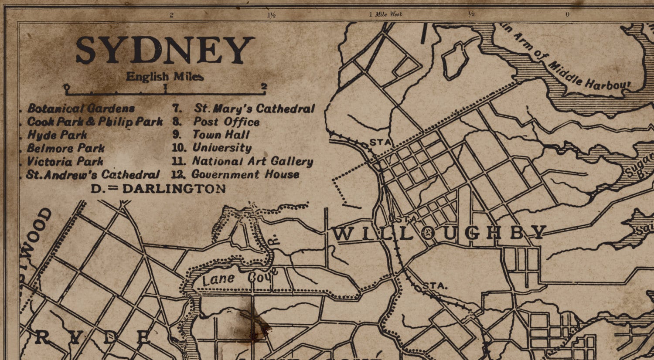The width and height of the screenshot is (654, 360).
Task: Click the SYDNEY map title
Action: point(165,50)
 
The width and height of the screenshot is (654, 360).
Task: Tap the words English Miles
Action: point(165,77)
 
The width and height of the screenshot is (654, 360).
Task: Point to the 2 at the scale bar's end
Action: point(264,86)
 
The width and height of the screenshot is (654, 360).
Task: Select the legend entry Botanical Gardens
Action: point(81,109)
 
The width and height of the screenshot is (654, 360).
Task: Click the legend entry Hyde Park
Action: point(57,135)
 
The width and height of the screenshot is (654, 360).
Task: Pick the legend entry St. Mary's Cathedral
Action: point(254,109)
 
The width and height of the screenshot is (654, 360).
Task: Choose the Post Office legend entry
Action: point(226,122)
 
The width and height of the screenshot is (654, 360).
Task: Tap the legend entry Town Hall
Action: point(221,135)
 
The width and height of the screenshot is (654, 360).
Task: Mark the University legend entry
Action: point(222,148)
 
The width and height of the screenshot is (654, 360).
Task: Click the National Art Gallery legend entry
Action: point(252,161)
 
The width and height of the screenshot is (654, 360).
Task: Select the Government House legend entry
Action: point(245,175)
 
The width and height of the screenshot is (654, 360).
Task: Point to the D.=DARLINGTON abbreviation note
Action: point(158,189)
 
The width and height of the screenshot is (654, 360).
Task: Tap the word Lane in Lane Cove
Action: point(219,279)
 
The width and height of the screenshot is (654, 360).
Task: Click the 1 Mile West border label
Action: point(385,14)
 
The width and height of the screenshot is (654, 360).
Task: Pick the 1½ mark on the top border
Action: point(271,15)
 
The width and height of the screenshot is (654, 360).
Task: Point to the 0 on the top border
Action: point(567,14)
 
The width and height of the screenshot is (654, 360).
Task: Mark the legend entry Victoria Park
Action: point(65,162)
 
